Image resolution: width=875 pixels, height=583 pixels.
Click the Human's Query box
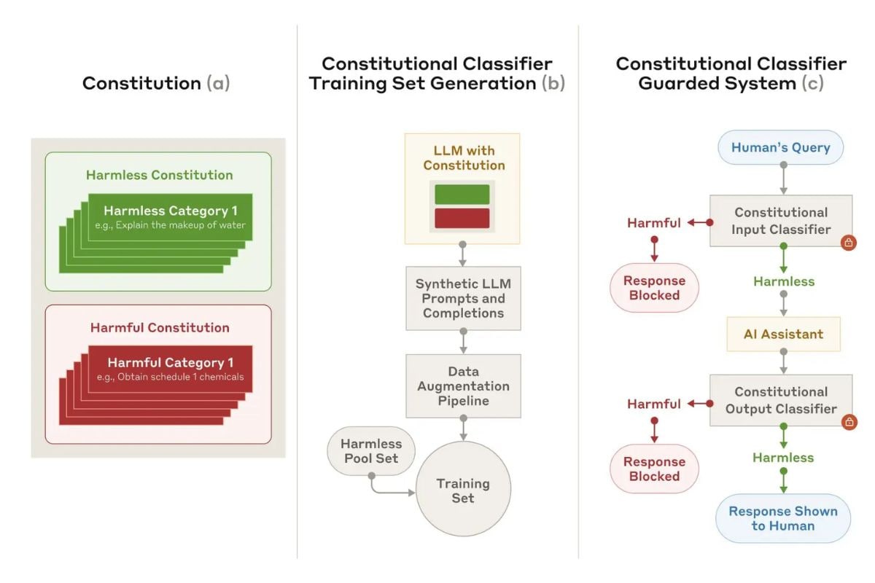tap(780, 147)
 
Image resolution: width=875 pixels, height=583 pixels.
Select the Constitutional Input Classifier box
tap(781, 221)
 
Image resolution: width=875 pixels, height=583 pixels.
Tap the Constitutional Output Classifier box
tap(781, 400)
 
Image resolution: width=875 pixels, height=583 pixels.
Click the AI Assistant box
tap(783, 334)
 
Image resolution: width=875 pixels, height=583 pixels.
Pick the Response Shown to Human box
tap(783, 518)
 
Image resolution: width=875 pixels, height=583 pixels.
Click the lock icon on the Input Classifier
tap(849, 243)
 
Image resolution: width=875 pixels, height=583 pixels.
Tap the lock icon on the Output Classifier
tap(849, 422)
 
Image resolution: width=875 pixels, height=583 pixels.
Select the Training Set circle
tap(463, 488)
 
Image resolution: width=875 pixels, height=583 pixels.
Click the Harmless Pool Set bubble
tap(371, 450)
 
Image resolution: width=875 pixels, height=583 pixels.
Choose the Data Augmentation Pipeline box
tap(463, 386)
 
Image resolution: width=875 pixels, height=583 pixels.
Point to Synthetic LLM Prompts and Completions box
tap(463, 298)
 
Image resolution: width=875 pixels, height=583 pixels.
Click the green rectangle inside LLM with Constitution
tap(462, 195)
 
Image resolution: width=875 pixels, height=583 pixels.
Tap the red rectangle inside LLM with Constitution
tap(462, 219)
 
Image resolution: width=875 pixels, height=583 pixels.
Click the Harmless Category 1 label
tap(171, 211)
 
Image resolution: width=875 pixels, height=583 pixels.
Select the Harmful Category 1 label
tap(171, 363)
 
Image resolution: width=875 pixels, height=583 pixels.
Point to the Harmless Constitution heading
tap(160, 175)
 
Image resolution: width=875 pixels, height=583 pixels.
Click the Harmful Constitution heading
tap(160, 327)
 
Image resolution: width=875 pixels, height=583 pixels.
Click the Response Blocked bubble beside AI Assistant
tap(654, 288)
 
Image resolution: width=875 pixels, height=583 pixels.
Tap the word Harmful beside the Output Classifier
tap(654, 404)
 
